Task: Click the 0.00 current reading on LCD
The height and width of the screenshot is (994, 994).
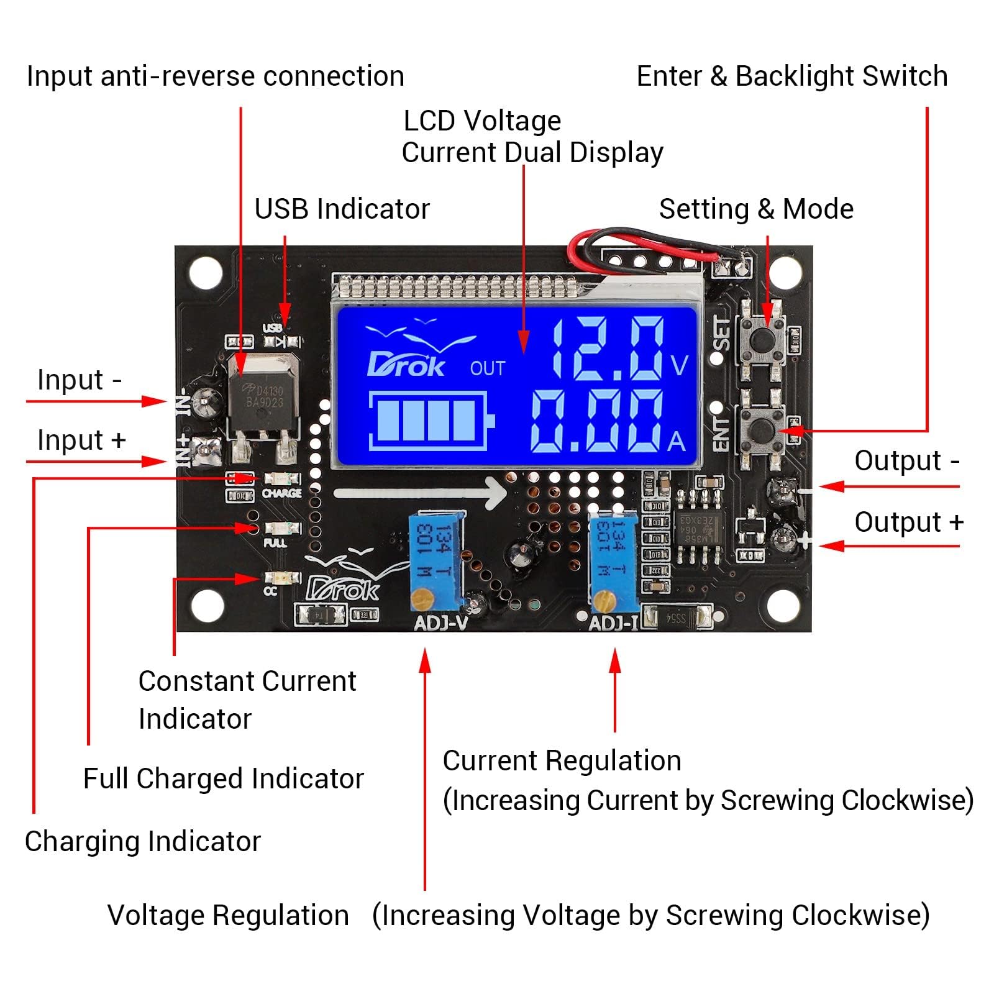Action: [596, 422]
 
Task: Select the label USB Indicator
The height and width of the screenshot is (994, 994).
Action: [342, 209]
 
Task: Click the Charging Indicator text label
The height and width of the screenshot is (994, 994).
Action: [142, 841]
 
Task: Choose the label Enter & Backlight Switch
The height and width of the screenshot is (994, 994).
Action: [791, 76]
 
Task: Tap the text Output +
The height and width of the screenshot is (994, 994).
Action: [908, 522]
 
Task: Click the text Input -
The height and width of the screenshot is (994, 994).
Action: [79, 380]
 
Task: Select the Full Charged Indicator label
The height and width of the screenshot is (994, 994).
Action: [223, 778]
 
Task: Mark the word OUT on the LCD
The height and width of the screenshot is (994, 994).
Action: [487, 368]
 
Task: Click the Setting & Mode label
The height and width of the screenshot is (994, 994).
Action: [755, 209]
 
